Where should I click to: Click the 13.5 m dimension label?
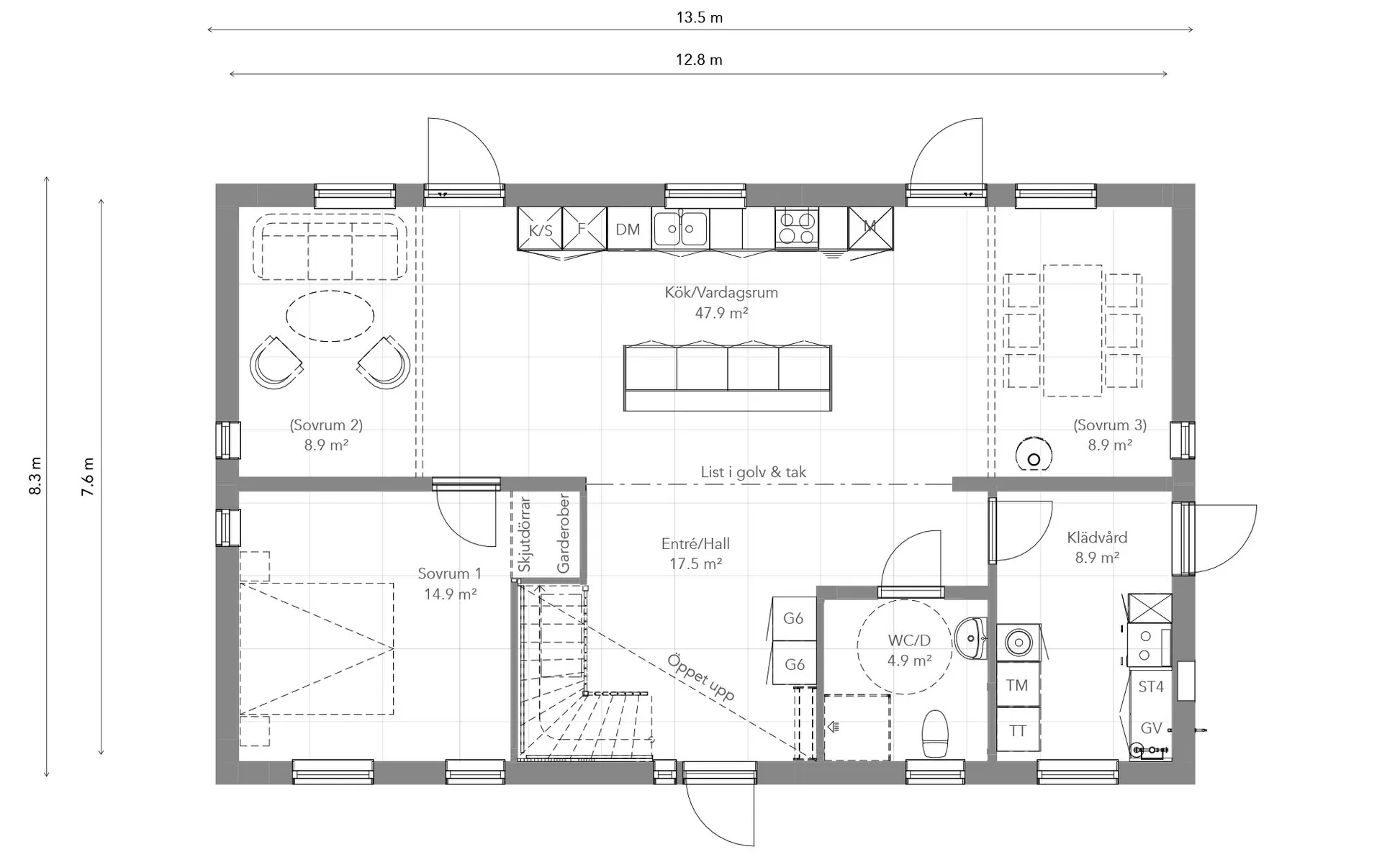pyautogui.click(x=699, y=17)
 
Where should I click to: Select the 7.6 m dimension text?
pyautogui.click(x=87, y=476)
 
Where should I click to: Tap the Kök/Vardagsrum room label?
pyautogui.click(x=721, y=293)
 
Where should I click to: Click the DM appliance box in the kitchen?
pyautogui.click(x=628, y=229)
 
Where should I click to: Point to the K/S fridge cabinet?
pyautogui.click(x=540, y=229)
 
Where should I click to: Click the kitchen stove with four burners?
pyautogui.click(x=797, y=228)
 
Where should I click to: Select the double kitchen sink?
pyautogui.click(x=680, y=228)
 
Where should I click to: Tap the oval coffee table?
pyautogui.click(x=330, y=316)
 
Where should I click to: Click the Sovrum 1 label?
pyautogui.click(x=450, y=573)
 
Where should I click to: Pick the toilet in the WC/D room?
pyautogui.click(x=935, y=733)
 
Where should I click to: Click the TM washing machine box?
pyautogui.click(x=1018, y=685)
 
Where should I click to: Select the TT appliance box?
pyautogui.click(x=1018, y=730)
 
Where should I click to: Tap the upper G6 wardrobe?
pyautogui.click(x=794, y=618)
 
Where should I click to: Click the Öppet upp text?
pyautogui.click(x=700, y=677)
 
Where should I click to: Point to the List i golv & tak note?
pyautogui.click(x=754, y=472)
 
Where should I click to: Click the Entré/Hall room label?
pyautogui.click(x=695, y=544)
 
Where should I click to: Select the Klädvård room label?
pyautogui.click(x=1097, y=538)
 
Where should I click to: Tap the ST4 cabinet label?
pyautogui.click(x=1151, y=686)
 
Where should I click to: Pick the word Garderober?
pyautogui.click(x=563, y=533)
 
